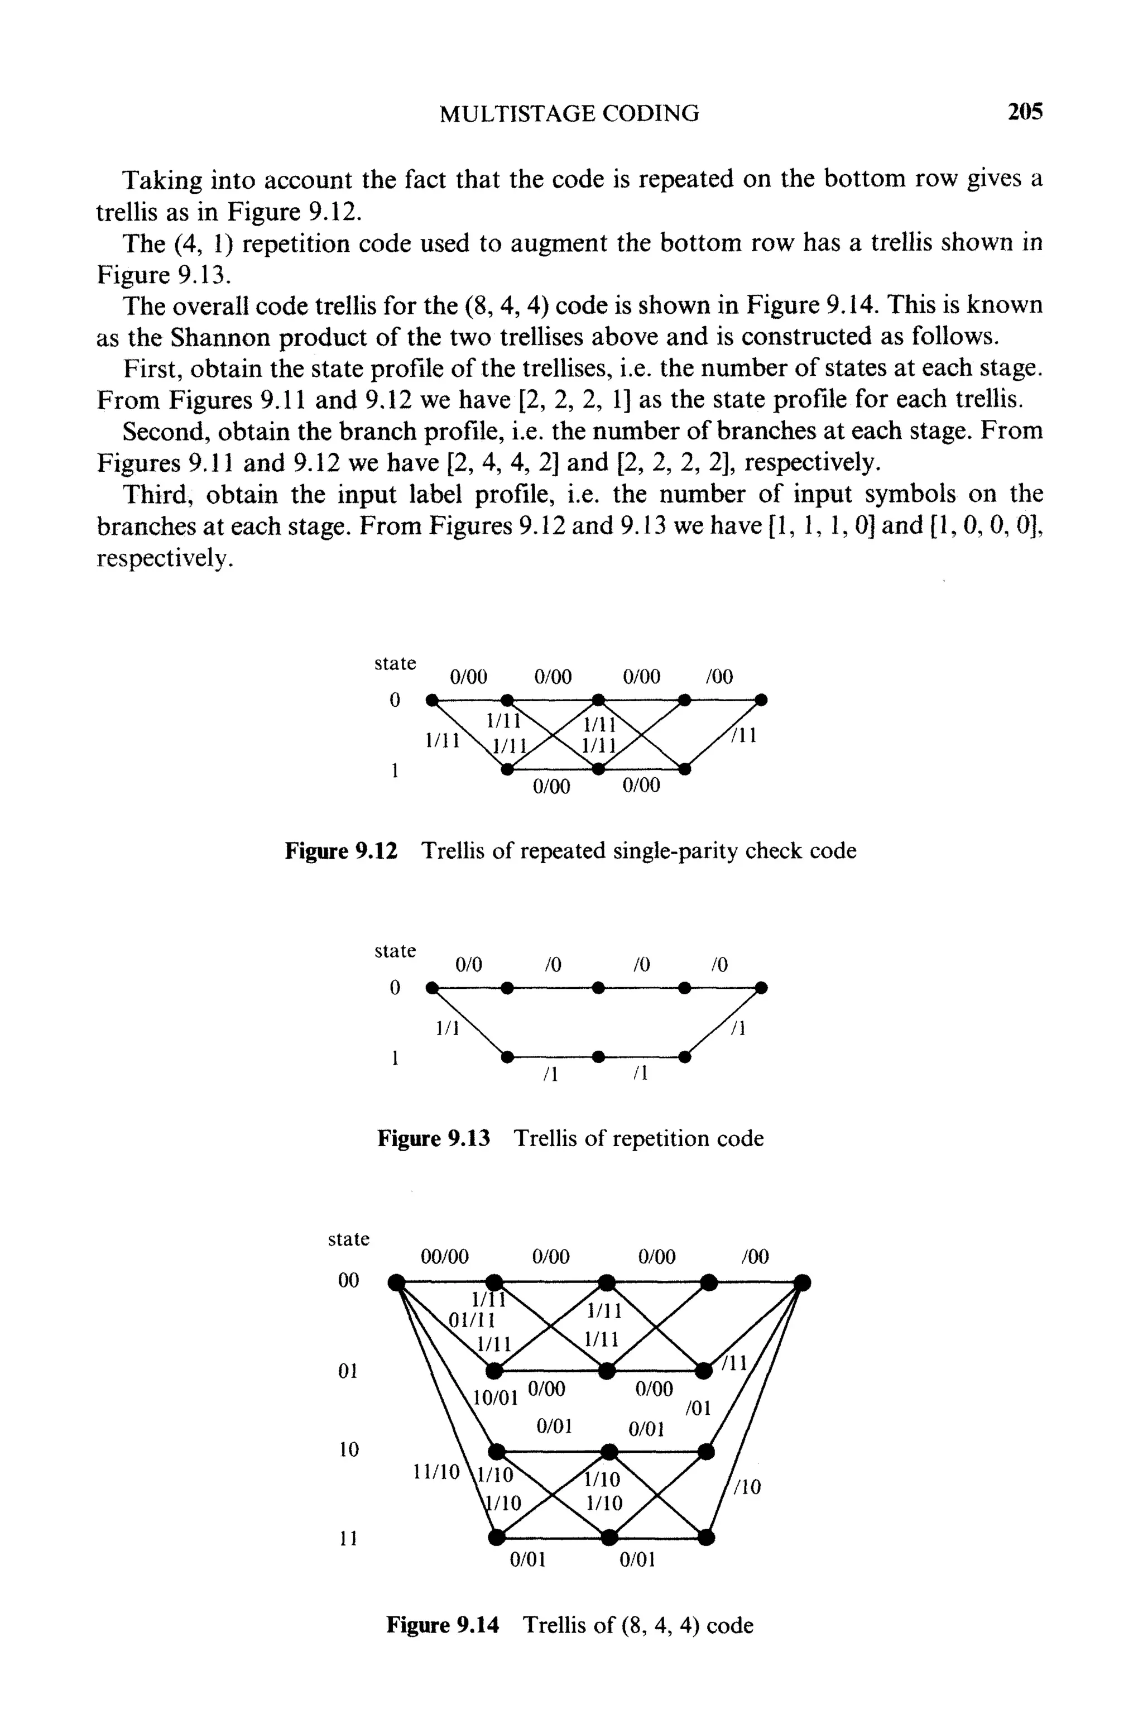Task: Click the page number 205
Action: click(1024, 112)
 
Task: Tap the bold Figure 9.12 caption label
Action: click(341, 851)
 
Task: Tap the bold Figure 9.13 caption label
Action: click(434, 1138)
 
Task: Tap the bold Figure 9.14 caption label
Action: click(443, 1625)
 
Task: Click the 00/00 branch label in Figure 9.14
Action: click(445, 1256)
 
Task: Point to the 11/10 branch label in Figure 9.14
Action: click(436, 1472)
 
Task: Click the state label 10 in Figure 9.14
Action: click(349, 1449)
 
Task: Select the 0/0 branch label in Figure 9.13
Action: click(469, 965)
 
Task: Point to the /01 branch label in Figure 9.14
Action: click(698, 1409)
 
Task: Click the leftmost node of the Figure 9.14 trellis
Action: click(396, 1282)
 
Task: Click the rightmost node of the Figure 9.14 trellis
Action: click(802, 1282)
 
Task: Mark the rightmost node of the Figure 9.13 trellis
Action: click(761, 988)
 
